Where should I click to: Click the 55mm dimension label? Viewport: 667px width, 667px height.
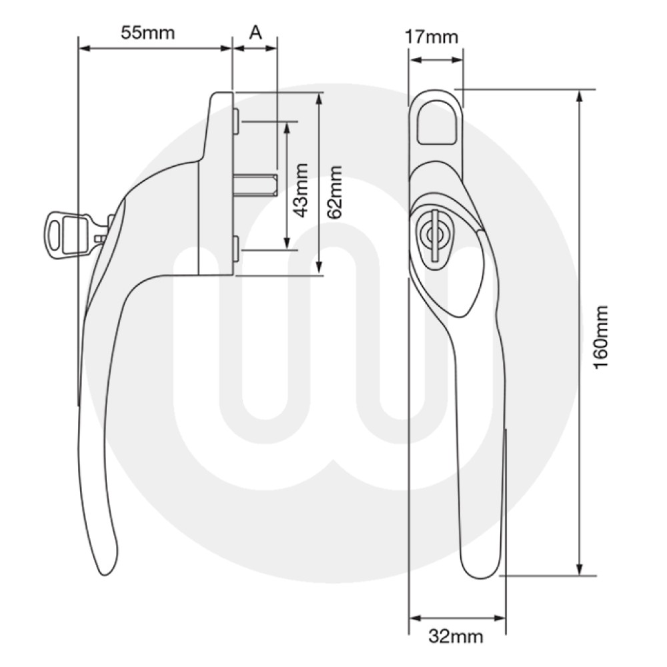pyautogui.click(x=148, y=32)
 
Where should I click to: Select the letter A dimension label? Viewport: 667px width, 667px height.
pyautogui.click(x=255, y=32)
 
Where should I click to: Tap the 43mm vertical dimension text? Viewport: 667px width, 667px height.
pyautogui.click(x=301, y=190)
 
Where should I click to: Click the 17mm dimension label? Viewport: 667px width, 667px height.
pyautogui.click(x=433, y=37)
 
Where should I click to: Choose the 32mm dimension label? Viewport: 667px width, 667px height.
pyautogui.click(x=455, y=636)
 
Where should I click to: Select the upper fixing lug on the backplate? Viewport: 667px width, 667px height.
pyautogui.click(x=237, y=120)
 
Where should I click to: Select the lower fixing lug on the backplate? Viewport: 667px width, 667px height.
pyautogui.click(x=237, y=248)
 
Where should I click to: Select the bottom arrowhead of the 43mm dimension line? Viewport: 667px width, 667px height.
pyautogui.click(x=287, y=243)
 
